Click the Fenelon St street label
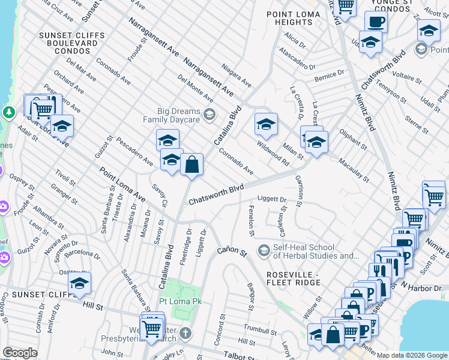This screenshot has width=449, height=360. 252,220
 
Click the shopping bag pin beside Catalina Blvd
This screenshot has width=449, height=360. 191,164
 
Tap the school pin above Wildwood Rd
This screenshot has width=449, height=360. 266,124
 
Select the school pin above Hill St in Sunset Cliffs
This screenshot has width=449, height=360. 79,285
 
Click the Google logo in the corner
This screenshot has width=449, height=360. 20,353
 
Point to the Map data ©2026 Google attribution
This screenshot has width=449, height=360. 412,355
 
